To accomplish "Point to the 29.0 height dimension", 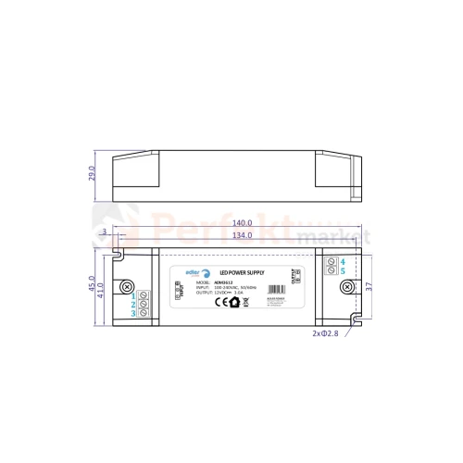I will (x=92, y=175).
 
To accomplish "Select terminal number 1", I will (x=133, y=294).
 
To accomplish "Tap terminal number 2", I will (x=133, y=305).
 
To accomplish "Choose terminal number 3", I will (x=133, y=315).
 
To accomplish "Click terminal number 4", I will (x=343, y=262).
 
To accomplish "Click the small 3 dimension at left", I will (x=106, y=232).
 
